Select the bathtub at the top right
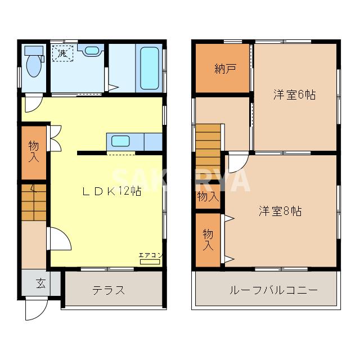coord(149,68)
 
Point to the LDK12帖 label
coord(112,191)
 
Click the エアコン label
coord(151,256)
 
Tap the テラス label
coord(109,291)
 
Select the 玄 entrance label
coord(41,283)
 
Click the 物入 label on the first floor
coord(34,152)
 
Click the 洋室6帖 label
coord(294,94)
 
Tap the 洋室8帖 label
coord(280,211)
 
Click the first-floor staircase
coord(34,202)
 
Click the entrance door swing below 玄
coord(35,308)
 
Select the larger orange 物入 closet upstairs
coord(208,239)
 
